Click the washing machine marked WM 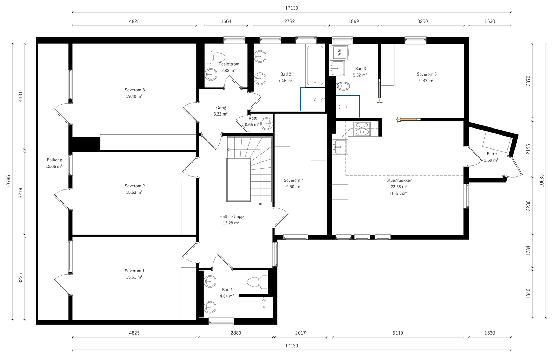coord(339,53)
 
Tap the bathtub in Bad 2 coord(315,65)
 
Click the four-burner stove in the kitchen coord(362,129)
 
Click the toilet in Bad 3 coord(343,86)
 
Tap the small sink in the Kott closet coord(267,124)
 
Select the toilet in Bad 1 coord(257,282)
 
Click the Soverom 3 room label coord(134,90)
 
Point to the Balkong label coord(54,160)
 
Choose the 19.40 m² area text coord(134,96)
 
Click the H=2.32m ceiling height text coord(399,193)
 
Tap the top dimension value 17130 coord(292,8)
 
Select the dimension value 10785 coord(8,181)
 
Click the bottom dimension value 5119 coord(398,333)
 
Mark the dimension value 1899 coord(353,21)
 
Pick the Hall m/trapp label coord(231,217)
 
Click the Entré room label coord(492,154)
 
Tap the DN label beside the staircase coord(261,204)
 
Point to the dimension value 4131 coord(21,96)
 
